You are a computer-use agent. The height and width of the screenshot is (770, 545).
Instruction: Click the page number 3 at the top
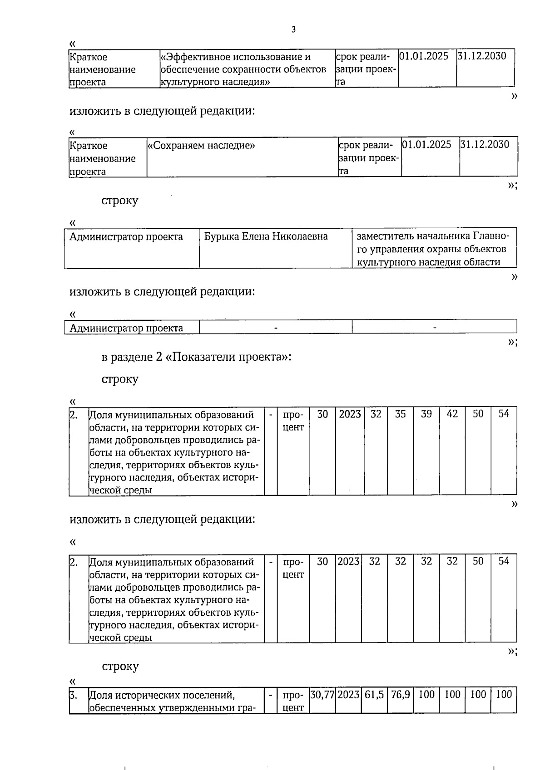(x=293, y=30)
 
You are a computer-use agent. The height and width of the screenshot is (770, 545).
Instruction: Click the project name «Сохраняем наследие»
(x=201, y=146)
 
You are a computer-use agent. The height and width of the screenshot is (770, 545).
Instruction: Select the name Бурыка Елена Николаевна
(x=266, y=236)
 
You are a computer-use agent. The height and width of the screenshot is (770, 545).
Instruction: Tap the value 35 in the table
(x=400, y=414)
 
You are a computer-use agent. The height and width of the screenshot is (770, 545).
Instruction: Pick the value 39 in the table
(x=426, y=414)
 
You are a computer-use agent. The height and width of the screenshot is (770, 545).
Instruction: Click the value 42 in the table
(x=452, y=414)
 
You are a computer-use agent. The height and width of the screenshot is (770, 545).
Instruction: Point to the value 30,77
(x=322, y=694)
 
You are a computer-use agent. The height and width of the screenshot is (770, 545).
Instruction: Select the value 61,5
(x=374, y=694)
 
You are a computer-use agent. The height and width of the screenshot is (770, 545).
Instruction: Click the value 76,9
(x=400, y=694)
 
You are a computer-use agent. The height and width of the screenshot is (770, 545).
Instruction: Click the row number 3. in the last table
(x=73, y=695)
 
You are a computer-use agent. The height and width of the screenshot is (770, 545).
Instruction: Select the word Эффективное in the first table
(x=197, y=57)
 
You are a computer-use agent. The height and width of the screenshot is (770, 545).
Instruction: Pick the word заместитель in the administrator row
(x=384, y=236)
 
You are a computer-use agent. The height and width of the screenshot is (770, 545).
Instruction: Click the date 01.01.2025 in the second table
(x=427, y=145)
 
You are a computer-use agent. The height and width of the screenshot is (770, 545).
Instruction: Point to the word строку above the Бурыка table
(x=120, y=201)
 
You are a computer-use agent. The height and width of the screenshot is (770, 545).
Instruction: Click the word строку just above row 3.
(x=120, y=666)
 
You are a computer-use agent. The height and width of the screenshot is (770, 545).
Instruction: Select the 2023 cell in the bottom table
(x=348, y=694)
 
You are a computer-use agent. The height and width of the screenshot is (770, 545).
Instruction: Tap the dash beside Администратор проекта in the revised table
(x=275, y=327)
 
